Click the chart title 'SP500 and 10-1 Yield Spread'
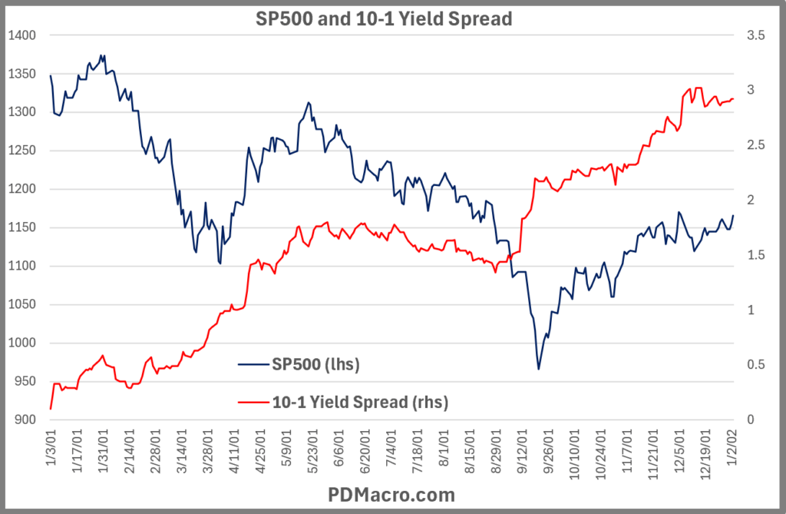[383, 19]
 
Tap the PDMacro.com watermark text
[392, 494]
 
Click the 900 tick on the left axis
[22, 420]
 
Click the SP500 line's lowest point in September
[538, 370]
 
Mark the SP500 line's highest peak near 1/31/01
[101, 55]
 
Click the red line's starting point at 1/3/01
[51, 409]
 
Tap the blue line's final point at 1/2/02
[733, 215]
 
